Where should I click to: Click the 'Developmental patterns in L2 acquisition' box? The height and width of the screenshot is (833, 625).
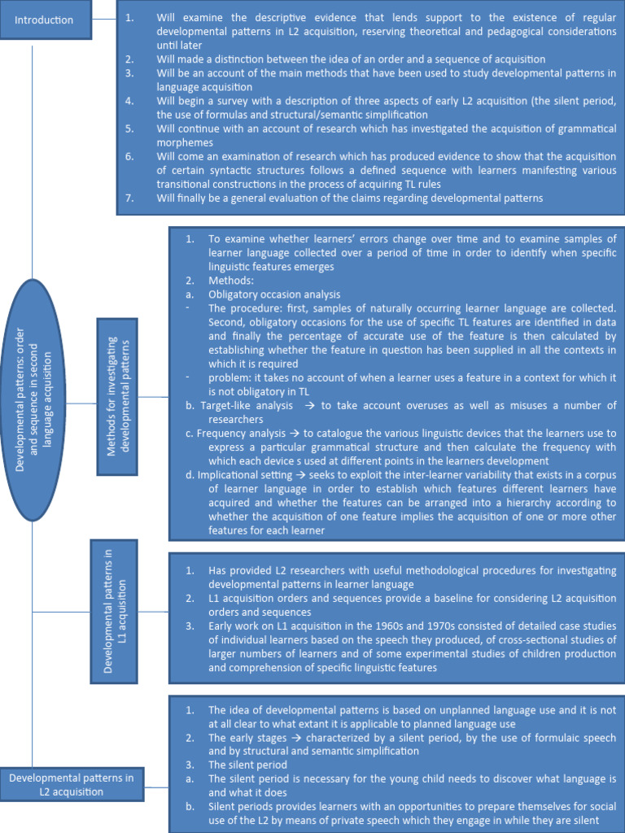tap(72, 785)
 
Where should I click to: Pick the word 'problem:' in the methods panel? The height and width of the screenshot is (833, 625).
tap(232, 377)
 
